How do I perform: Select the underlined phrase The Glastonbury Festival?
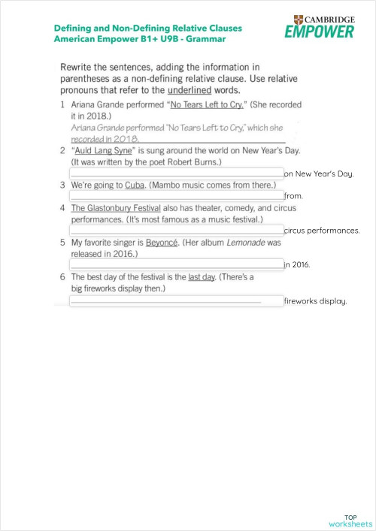[111, 208]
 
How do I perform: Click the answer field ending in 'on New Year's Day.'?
[176, 173]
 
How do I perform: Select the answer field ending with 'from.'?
[176, 195]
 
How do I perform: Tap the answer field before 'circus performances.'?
[176, 230]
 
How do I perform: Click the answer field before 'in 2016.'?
[176, 264]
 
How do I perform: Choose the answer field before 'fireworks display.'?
[176, 300]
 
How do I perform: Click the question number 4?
[62, 208]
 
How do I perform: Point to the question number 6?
[62, 277]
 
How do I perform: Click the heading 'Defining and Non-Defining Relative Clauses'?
[148, 28]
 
